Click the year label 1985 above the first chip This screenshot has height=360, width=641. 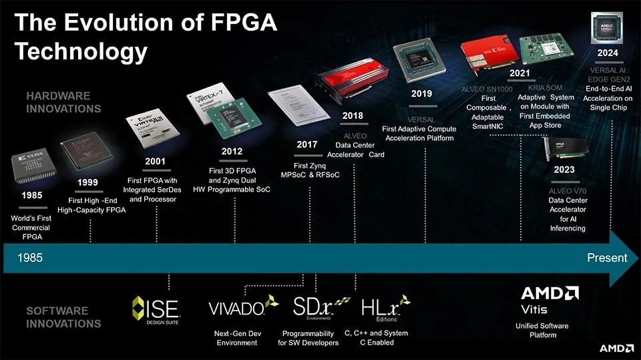pos(32,196)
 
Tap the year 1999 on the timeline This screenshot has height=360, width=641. pos(87,182)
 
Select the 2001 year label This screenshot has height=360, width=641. pos(156,162)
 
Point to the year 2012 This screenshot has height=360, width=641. pos(232,151)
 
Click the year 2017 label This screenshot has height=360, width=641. pos(306,144)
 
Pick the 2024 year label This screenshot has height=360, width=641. pos(608,53)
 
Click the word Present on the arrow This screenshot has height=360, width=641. pos(606,258)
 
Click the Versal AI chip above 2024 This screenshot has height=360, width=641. pos(607,26)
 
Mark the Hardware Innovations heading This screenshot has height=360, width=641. pos(63,102)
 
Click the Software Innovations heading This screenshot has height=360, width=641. pos(63,317)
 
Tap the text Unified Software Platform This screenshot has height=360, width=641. pos(542,330)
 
